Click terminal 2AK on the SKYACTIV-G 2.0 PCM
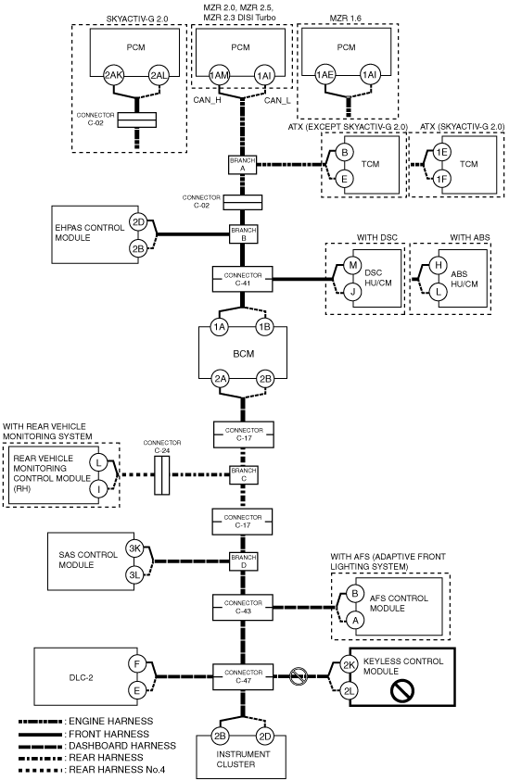coord(114,76)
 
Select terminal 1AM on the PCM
coord(219,76)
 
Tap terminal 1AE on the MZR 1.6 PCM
coord(325,75)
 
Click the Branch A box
coord(242,165)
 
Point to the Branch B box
coord(243,234)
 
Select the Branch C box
coord(243,474)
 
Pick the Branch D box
coord(243,561)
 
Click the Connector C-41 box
coord(243,279)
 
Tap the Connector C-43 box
coord(243,607)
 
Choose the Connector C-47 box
coord(243,676)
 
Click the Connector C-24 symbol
coord(161,473)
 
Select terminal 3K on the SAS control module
coord(134,548)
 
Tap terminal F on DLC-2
coord(136,664)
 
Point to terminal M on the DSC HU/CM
coord(353,265)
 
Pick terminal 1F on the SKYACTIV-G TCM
coord(441,178)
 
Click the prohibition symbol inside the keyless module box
coord(401,691)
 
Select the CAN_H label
coord(208,100)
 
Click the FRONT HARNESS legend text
coord(108,734)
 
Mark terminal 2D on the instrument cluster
coord(265,737)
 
